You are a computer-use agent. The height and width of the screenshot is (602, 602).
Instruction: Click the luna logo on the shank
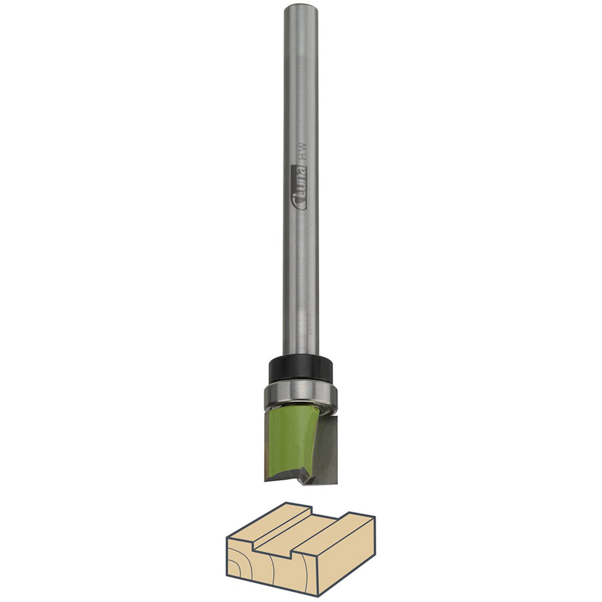(299, 187)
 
